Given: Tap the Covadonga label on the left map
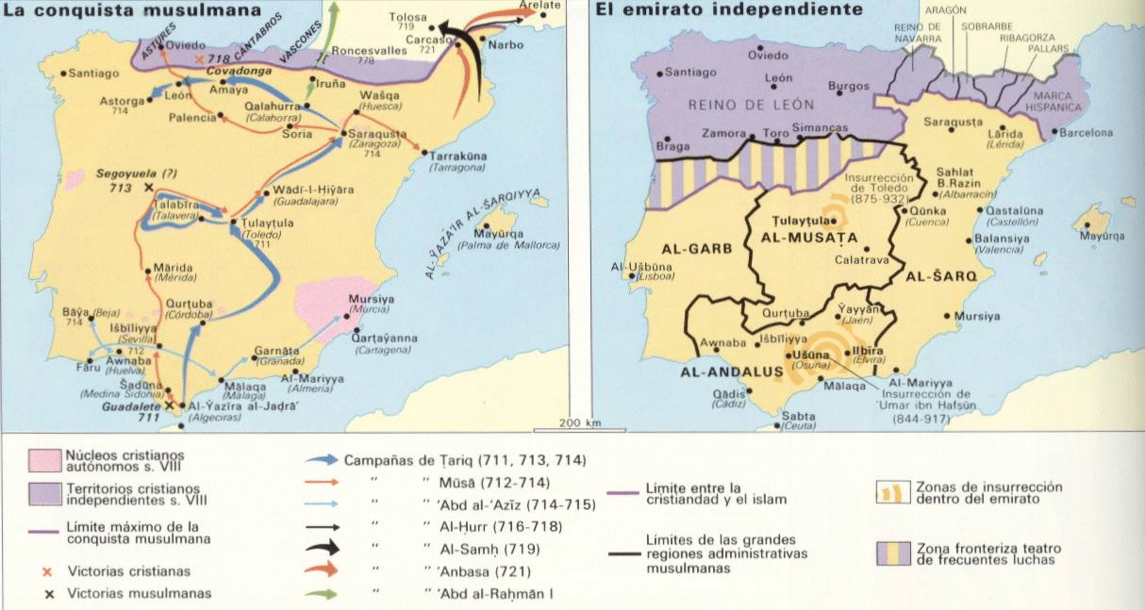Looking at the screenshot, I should click(x=224, y=71).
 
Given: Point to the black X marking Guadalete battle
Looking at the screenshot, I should click(x=170, y=404).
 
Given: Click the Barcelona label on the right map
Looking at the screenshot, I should click(x=1086, y=134).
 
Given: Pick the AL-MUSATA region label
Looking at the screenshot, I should click(x=808, y=238).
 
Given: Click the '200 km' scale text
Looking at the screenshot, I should click(x=579, y=422).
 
